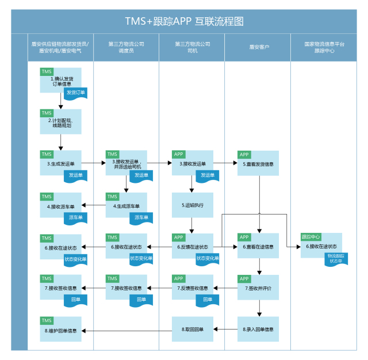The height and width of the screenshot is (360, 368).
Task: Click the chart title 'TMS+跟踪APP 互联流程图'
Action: pos(184,21)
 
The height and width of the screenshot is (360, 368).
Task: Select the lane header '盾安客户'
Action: pos(258,47)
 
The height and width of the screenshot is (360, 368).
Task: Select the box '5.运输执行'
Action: pos(193,205)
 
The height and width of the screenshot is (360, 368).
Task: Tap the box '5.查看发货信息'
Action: pos(258,163)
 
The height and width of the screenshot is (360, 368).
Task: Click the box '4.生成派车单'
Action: pos(126,205)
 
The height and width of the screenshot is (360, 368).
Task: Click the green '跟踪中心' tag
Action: pos(310,236)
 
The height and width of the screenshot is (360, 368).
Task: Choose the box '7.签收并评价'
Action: pos(258,288)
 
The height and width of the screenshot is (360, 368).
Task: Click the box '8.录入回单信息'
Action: pos(258,330)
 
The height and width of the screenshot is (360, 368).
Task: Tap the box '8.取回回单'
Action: pos(193,330)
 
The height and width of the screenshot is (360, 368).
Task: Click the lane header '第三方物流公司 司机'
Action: pos(193,47)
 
